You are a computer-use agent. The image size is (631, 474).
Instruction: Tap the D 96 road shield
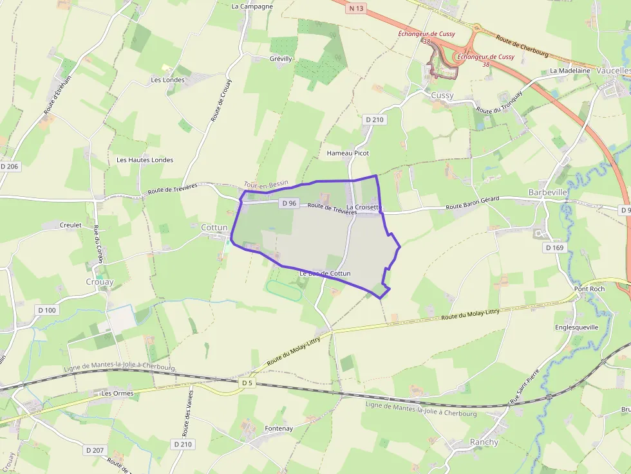(289, 203)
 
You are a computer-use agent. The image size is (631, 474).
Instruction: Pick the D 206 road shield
(10, 166)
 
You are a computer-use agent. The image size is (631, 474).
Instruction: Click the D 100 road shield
(47, 310)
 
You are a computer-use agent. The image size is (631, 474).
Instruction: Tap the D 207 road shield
(94, 450)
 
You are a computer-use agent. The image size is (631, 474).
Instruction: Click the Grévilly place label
(281, 59)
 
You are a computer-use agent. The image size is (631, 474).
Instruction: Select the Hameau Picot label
(348, 154)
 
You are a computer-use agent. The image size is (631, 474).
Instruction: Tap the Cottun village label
(214, 228)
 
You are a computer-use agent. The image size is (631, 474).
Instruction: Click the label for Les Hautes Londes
(145, 160)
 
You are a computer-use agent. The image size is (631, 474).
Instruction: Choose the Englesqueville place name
(576, 327)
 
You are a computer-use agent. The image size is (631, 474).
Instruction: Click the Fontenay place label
(279, 428)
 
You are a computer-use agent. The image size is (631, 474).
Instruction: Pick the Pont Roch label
(590, 289)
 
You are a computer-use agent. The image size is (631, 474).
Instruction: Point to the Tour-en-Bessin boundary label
(266, 184)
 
